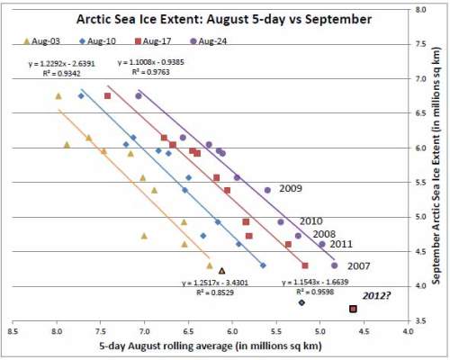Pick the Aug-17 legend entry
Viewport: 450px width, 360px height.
153,42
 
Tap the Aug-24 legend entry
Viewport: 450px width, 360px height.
205,42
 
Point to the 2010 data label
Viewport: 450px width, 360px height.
311,220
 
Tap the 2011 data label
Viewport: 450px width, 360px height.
341,244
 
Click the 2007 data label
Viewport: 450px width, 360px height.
359,265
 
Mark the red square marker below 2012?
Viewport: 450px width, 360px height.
354,309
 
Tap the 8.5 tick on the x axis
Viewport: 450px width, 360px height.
13,331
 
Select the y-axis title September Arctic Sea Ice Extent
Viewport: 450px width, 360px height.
438,180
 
